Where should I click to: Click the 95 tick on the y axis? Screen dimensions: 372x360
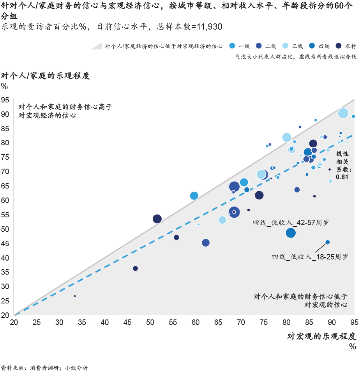pyautogui.click(x=5, y=100)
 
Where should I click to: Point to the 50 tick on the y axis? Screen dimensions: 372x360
pyautogui.click(x=5, y=229)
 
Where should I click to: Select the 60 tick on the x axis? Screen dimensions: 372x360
pyautogui.click(x=196, y=322)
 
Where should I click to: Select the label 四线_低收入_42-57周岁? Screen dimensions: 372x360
pyautogui.click(x=291, y=223)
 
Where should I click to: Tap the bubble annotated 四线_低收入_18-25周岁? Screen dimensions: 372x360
pyautogui.click(x=327, y=242)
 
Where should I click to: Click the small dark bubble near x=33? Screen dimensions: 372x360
pyautogui.click(x=74, y=296)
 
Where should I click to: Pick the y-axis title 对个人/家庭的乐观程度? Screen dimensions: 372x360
pyautogui.click(x=46, y=76)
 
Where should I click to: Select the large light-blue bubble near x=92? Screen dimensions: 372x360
pyautogui.click(x=343, y=113)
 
